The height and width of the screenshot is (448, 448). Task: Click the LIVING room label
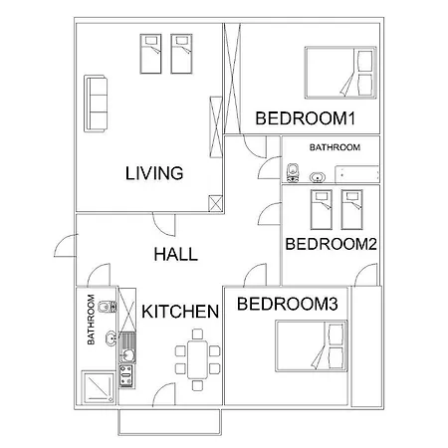coord(154,173)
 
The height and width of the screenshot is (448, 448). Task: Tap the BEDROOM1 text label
coord(306,118)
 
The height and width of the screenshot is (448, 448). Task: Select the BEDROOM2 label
coord(331,244)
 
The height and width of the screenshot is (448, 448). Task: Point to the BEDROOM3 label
coord(288,304)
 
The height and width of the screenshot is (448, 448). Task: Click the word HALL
coord(176,254)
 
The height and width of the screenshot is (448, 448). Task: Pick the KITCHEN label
coord(180,312)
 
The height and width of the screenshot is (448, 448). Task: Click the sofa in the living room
coord(96,104)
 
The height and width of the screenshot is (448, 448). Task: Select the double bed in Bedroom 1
coord(340,73)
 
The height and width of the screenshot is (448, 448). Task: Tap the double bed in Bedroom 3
coord(312,345)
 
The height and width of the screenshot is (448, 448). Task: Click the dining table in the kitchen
coord(197,359)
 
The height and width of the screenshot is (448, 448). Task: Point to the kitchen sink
coord(127,347)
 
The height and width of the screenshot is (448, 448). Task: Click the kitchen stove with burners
coord(127,376)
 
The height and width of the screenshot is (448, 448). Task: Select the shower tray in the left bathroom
coord(99,387)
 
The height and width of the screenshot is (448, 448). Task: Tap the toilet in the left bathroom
coord(107,307)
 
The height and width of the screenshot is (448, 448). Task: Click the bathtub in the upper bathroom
coord(357,174)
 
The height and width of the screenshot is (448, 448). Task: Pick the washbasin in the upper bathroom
coord(318,177)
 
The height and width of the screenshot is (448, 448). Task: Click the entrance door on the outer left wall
coord(66,246)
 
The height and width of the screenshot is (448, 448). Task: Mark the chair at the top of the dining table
coord(197,334)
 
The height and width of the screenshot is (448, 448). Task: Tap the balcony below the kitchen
coord(169,421)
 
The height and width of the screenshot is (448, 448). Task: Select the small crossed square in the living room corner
coord(215,203)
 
